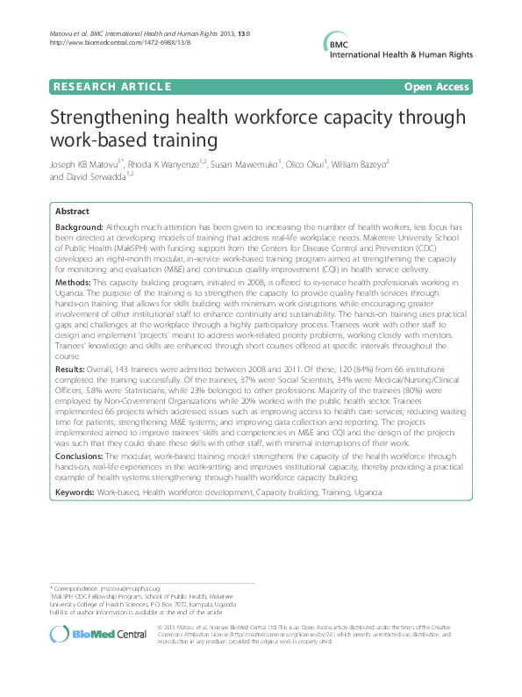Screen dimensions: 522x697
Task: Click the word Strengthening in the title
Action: coord(119,119)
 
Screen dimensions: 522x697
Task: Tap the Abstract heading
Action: coord(71,212)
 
